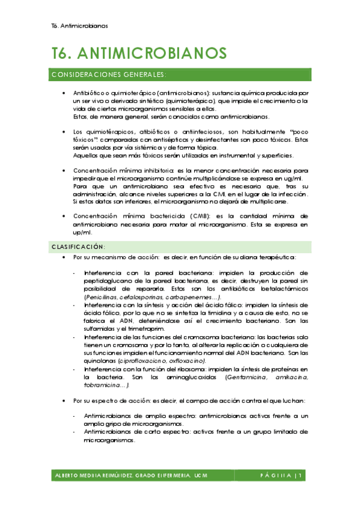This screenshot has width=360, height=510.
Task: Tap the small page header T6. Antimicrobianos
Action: click(80, 26)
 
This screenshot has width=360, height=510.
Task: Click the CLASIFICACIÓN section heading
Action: click(79, 247)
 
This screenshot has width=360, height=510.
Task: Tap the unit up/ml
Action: click(81, 233)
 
